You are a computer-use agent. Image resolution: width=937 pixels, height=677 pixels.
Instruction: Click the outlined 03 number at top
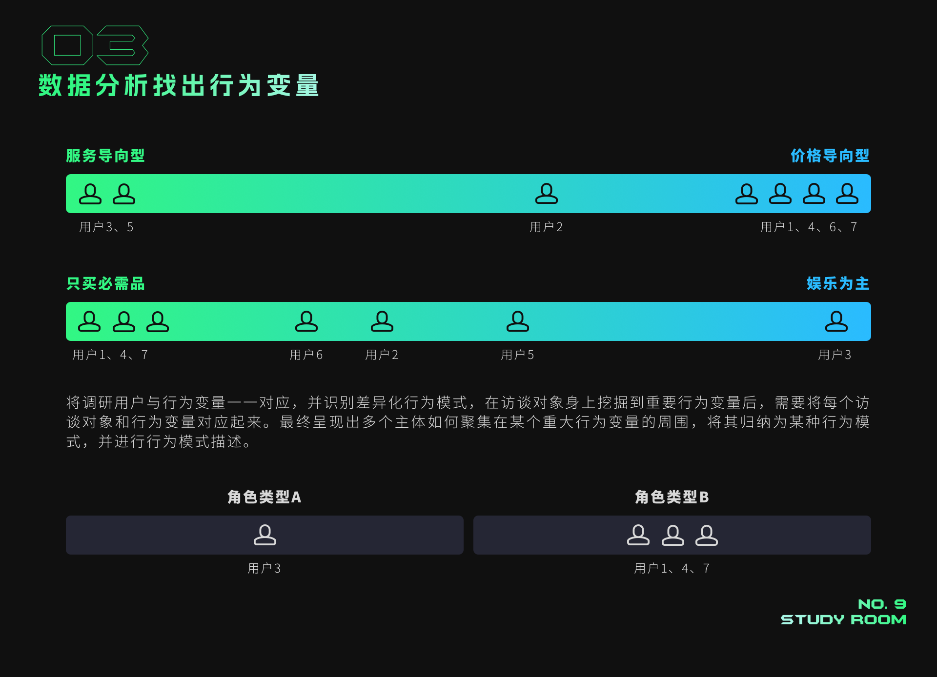click(95, 45)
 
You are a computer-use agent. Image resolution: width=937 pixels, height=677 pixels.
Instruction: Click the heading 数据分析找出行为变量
click(179, 86)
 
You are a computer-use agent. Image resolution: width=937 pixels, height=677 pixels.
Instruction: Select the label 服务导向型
click(105, 156)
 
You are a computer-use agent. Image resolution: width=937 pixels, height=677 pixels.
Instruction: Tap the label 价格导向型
click(830, 156)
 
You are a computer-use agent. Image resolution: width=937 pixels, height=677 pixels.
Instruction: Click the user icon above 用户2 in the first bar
click(546, 194)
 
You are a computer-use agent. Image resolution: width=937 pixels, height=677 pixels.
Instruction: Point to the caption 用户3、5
click(106, 227)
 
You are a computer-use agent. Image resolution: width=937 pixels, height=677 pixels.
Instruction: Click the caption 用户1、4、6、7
click(809, 227)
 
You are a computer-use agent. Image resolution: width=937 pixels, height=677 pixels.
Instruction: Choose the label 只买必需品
click(105, 283)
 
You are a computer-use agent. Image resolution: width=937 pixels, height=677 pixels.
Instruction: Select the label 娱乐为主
click(837, 283)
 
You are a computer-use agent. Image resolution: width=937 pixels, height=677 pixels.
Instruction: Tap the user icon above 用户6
click(306, 321)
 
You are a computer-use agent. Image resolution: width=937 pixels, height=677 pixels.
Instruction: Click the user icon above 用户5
click(517, 321)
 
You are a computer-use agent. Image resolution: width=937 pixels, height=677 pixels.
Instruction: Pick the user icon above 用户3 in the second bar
click(836, 321)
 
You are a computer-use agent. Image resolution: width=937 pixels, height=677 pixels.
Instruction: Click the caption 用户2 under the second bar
click(382, 355)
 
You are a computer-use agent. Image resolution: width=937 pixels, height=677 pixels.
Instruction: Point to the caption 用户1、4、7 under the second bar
click(110, 355)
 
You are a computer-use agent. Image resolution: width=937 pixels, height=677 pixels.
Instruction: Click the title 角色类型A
click(264, 497)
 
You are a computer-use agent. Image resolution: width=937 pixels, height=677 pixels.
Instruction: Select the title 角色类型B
click(672, 497)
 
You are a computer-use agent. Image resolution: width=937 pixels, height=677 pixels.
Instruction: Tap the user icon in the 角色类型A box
click(265, 535)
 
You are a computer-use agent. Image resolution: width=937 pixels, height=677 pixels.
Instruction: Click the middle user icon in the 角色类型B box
click(672, 535)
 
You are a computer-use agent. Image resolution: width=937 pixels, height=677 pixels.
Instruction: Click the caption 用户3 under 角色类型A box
click(264, 568)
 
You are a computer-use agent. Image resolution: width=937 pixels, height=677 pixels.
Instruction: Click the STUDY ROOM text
click(843, 619)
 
